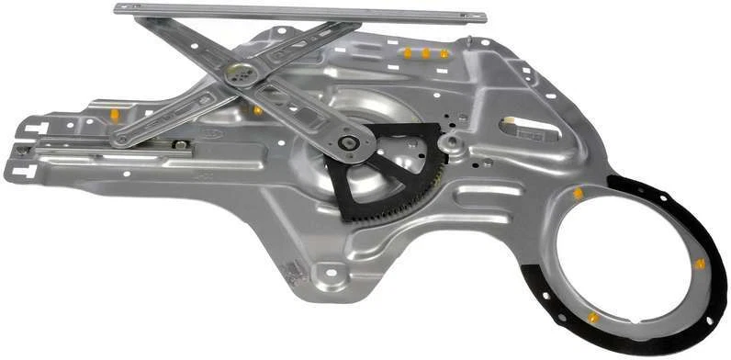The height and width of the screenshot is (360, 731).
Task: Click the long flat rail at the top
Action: click(303, 13)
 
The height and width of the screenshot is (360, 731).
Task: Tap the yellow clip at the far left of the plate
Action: click(115, 115)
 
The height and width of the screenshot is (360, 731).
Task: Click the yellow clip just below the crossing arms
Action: click(258, 110)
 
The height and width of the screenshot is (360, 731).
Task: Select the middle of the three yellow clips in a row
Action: click(426, 54)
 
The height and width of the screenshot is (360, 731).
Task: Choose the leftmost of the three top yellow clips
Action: click(408, 53)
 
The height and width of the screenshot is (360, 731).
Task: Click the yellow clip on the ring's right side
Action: click(700, 264)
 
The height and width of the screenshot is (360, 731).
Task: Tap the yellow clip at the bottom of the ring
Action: click(592, 318)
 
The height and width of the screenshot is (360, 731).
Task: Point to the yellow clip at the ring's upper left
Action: click(579, 194)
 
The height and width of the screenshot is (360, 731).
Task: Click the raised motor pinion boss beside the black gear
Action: click(450, 143)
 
